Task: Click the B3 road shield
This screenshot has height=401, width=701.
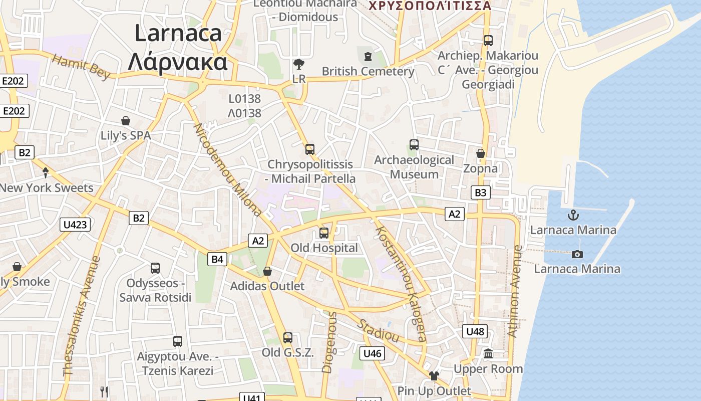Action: point(480,192)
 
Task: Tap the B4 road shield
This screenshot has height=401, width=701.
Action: point(217,259)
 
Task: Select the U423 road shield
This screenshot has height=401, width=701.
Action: point(75,224)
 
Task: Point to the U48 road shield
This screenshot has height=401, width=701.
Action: point(475,331)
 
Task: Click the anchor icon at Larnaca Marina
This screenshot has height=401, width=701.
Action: point(573,216)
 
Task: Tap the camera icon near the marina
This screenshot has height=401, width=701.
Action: point(577,254)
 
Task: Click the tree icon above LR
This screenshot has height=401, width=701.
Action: point(299,64)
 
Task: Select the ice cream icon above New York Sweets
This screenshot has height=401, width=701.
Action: point(46,173)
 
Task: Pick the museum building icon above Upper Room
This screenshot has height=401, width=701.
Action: point(488,354)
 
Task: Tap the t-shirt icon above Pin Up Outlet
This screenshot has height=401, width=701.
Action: point(434,376)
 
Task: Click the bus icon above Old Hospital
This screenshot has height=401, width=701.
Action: point(324,233)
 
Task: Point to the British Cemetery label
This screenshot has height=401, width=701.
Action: point(368,71)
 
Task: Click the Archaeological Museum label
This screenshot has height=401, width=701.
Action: point(414,167)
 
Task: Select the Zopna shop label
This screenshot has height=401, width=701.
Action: point(480,168)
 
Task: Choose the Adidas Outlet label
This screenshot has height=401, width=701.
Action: point(267,286)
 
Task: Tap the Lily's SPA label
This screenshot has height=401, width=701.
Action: point(126,135)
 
